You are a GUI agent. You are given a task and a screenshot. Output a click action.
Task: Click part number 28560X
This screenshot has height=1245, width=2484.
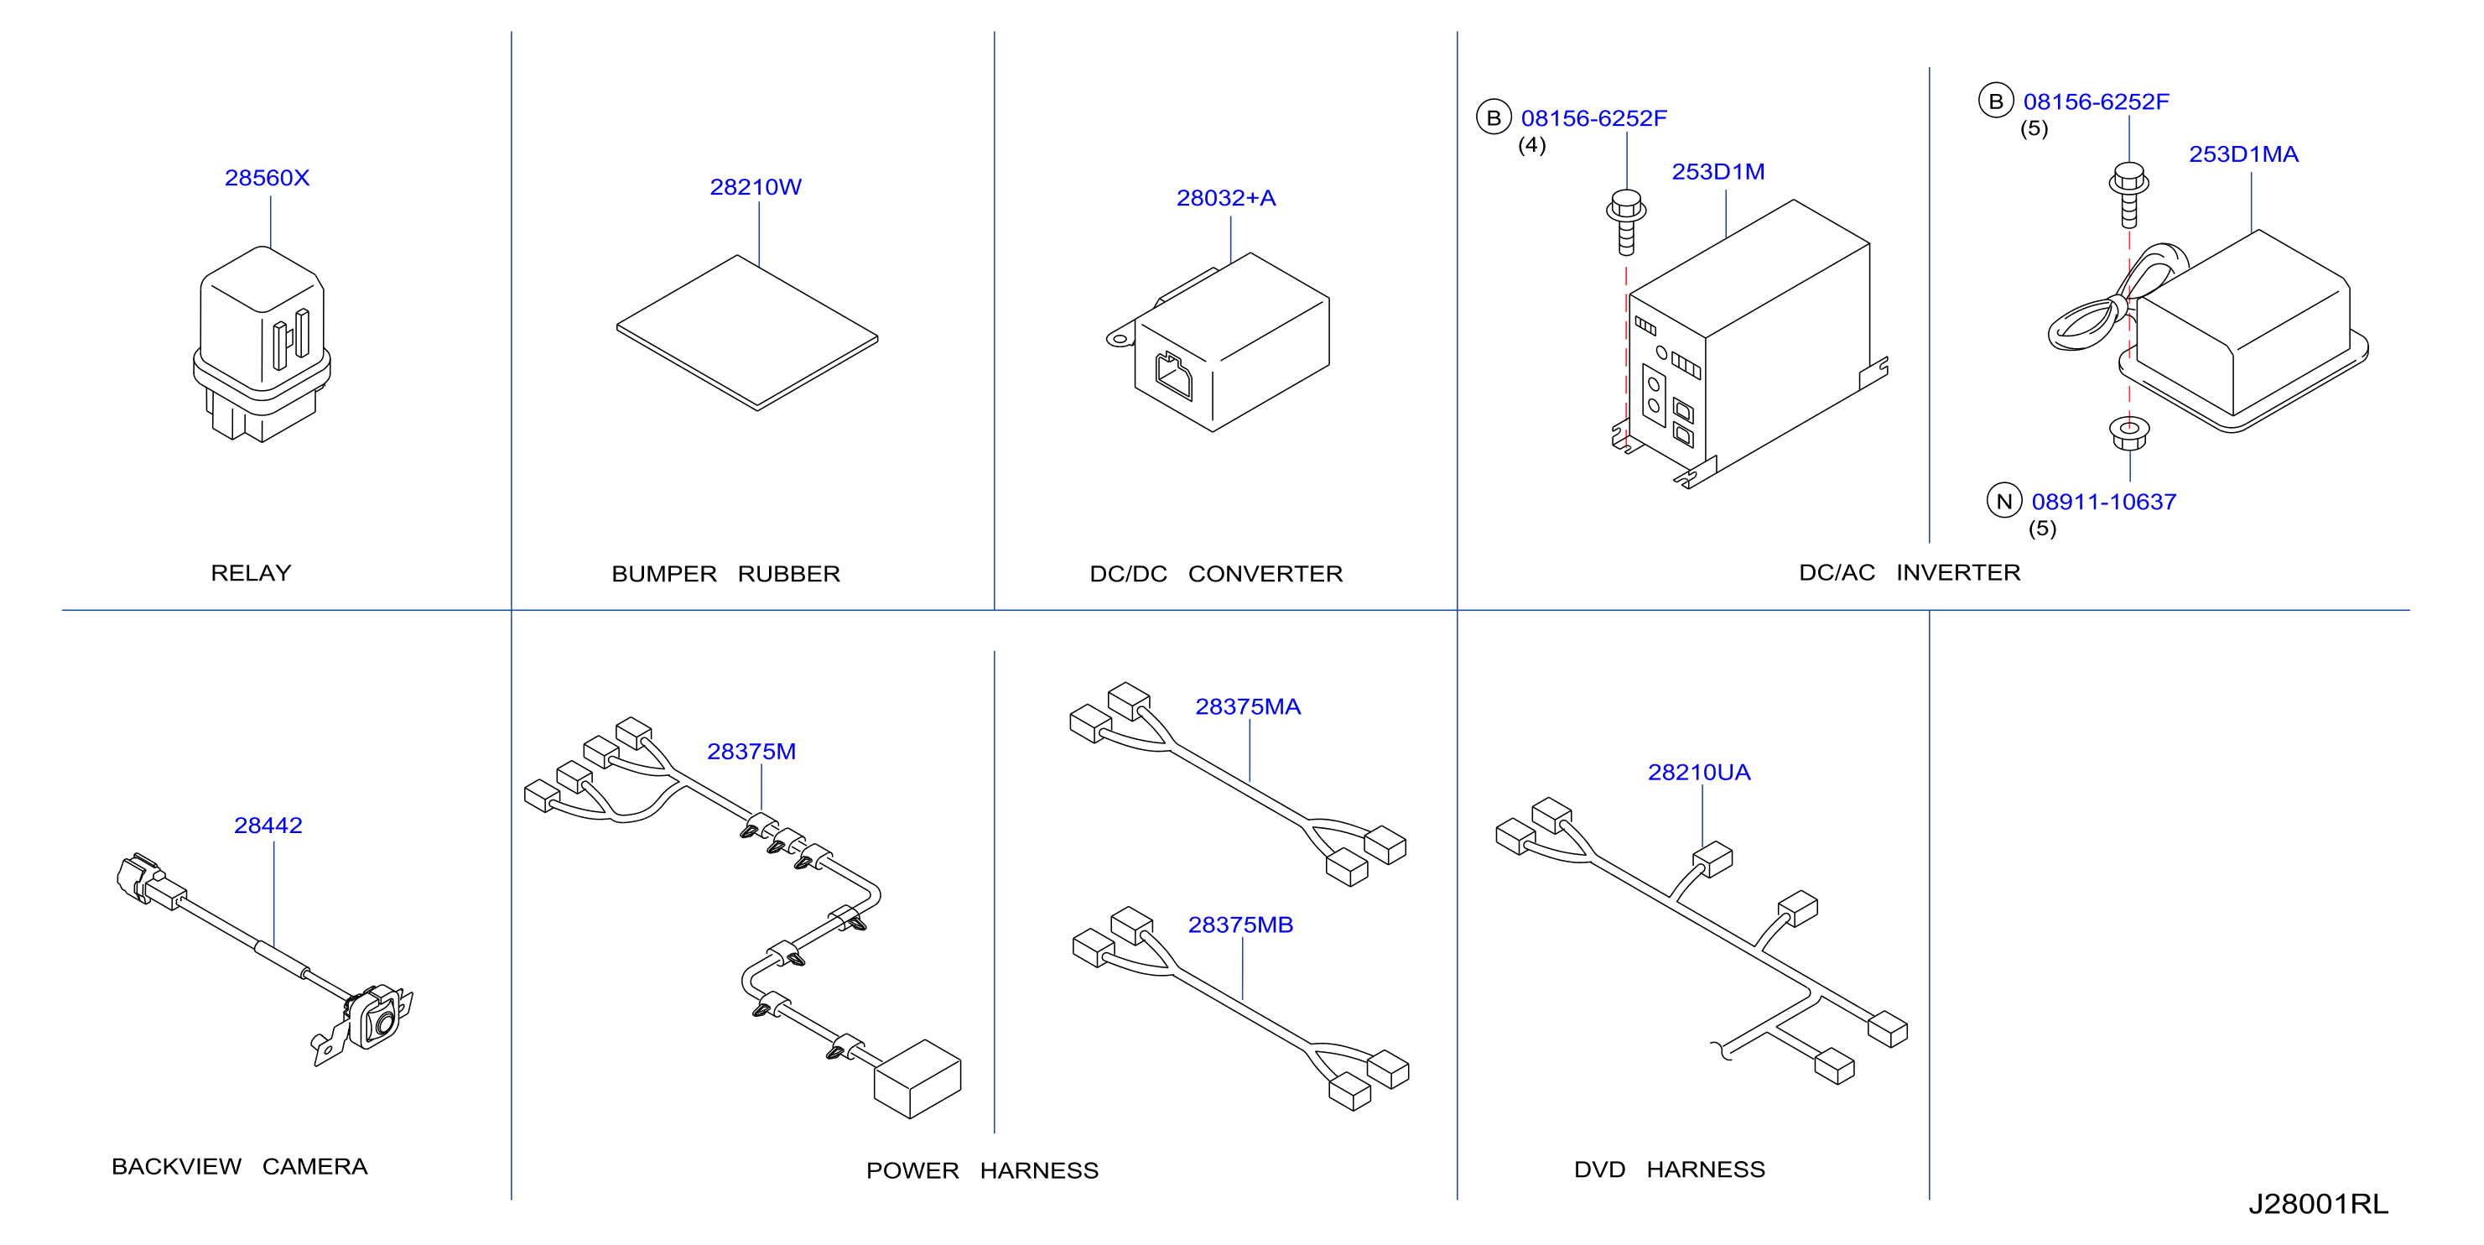(268, 178)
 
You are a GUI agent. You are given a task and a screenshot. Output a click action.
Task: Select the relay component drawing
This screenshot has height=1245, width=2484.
(262, 343)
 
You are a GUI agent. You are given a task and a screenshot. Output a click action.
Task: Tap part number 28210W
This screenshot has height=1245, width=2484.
(755, 187)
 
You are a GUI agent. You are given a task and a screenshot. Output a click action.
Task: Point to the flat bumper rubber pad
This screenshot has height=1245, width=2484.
(747, 333)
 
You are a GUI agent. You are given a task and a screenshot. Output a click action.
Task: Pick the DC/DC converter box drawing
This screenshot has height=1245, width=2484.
(1219, 342)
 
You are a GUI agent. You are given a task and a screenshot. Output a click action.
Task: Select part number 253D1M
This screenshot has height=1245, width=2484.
(1717, 172)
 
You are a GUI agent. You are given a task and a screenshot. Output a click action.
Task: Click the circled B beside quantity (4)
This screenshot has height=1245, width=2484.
(1493, 117)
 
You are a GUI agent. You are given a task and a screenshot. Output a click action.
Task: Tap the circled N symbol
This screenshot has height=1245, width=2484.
(2003, 501)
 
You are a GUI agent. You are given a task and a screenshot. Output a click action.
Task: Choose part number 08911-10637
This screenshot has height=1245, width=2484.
(2103, 502)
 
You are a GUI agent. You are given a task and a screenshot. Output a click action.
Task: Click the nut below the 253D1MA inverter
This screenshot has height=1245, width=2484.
(2129, 432)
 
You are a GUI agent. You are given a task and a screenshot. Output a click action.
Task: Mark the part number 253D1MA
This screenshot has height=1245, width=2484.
(2243, 154)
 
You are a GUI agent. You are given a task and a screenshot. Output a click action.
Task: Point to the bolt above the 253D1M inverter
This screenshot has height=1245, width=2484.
(1627, 221)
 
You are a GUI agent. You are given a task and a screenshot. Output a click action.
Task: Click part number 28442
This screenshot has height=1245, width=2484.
(268, 826)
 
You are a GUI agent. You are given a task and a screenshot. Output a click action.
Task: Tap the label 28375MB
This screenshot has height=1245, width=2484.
(1240, 925)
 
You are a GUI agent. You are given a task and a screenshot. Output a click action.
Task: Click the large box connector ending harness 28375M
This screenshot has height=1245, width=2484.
(917, 1078)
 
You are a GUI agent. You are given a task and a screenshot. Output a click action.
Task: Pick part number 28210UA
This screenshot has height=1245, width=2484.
(1698, 773)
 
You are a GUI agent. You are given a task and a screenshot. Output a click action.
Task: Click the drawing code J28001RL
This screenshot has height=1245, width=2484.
(2318, 1204)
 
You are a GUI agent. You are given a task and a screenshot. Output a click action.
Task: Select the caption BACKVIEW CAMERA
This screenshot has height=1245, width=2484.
(239, 1166)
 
